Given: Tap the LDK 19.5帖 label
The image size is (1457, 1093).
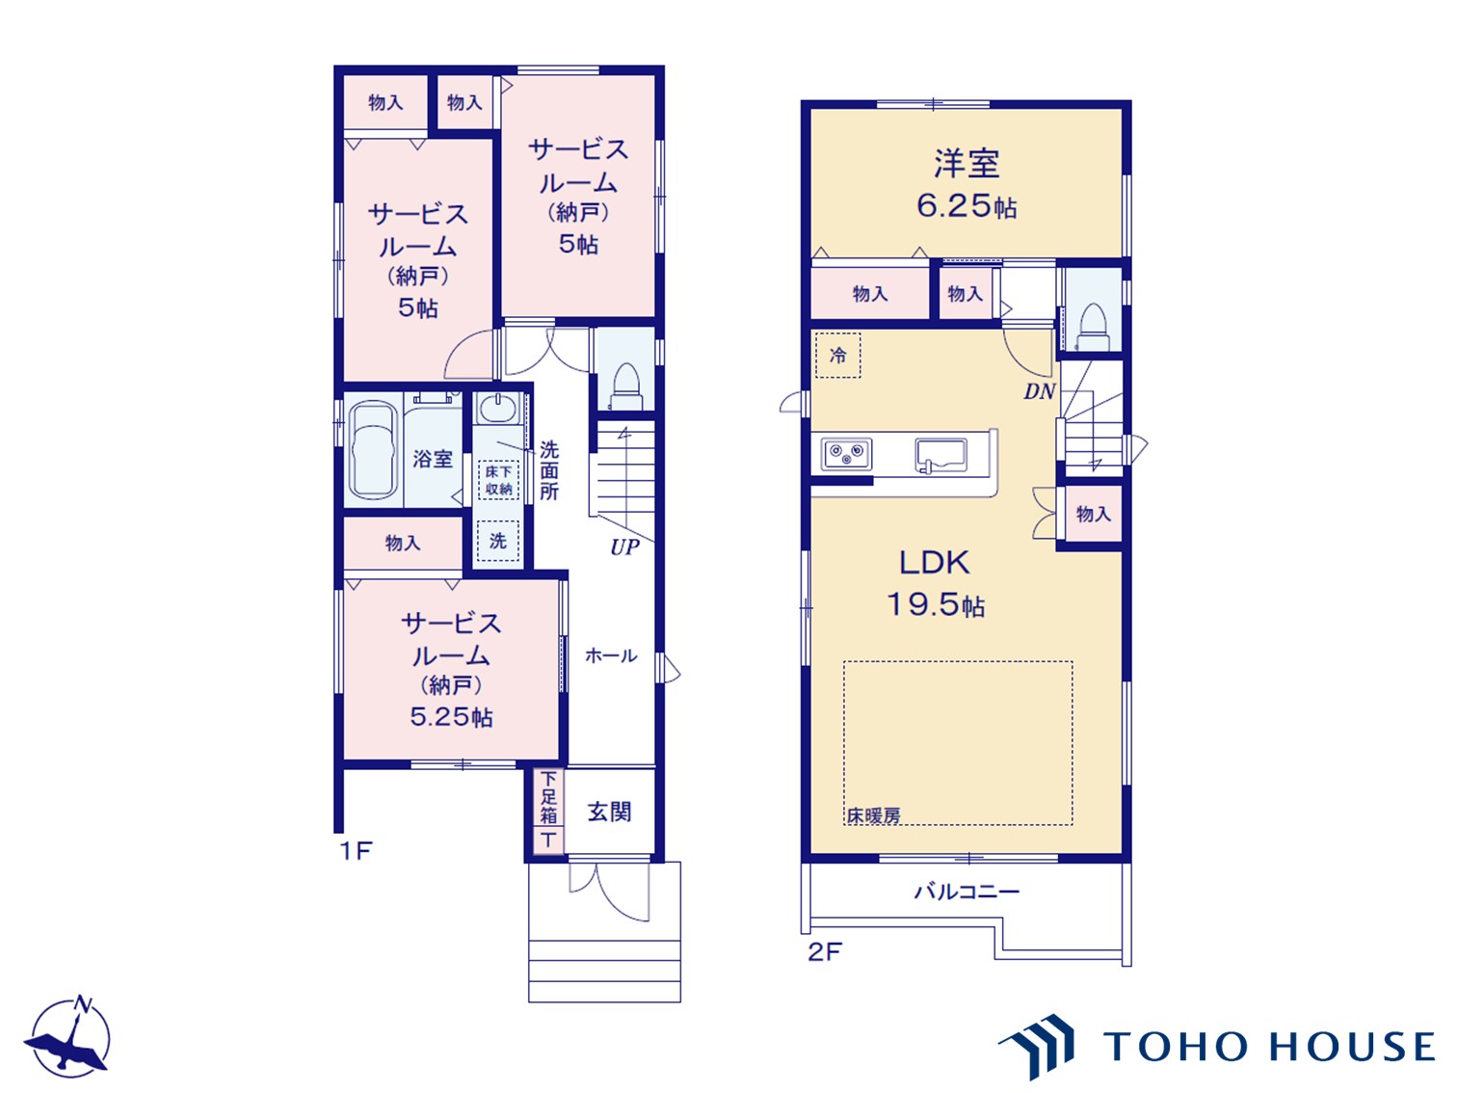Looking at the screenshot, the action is click(936, 583).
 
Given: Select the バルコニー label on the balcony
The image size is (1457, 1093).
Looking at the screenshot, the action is click(967, 892).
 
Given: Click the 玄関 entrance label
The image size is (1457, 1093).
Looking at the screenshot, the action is click(609, 811).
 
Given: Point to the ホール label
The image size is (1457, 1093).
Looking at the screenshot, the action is click(611, 655).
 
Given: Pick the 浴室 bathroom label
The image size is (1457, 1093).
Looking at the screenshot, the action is click(432, 459).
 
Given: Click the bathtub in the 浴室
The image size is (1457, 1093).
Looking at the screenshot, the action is click(373, 451).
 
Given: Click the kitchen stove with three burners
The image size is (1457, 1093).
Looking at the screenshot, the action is click(846, 454).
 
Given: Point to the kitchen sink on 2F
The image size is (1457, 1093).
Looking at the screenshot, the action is click(940, 456).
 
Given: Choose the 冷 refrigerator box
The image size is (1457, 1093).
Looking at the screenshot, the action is click(837, 356).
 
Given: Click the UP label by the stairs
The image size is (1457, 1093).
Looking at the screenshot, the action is click(624, 546).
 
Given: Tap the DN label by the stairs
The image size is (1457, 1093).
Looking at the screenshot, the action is click(1040, 391).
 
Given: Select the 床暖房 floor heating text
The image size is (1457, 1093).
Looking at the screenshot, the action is click(874, 815).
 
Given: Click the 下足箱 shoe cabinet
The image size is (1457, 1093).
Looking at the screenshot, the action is click(548, 811).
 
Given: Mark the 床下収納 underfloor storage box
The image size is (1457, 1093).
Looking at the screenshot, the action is click(498, 480).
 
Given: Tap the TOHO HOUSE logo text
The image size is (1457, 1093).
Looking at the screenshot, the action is click(1268, 1047).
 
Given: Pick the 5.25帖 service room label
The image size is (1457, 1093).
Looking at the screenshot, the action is click(451, 717).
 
